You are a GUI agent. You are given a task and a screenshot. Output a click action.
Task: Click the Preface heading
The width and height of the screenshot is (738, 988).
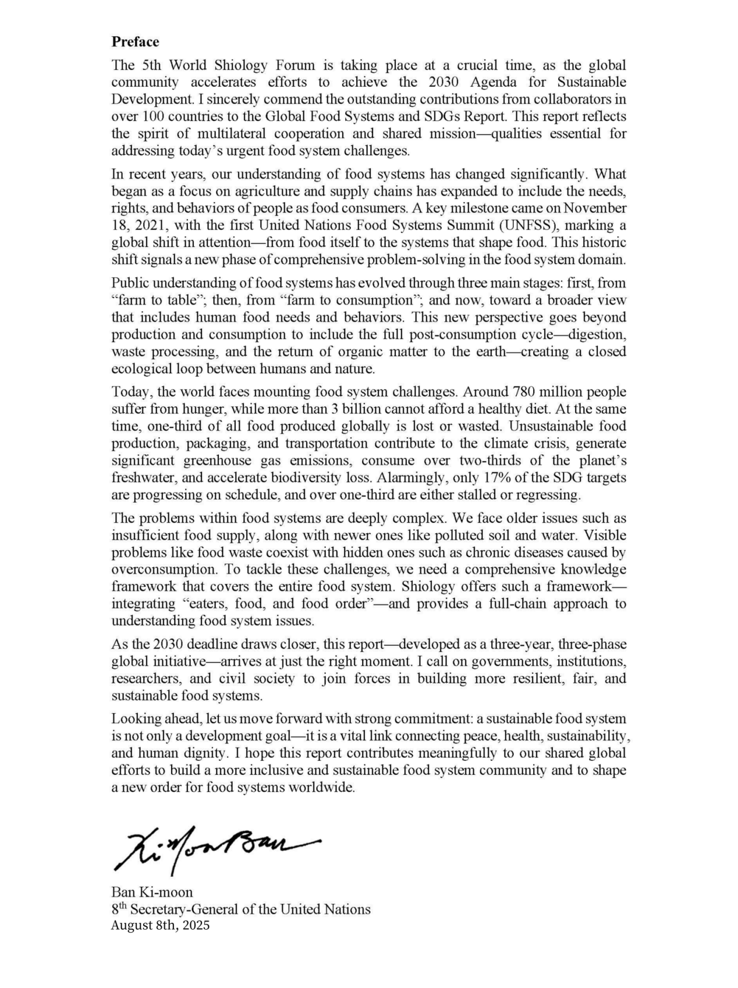coord(135,42)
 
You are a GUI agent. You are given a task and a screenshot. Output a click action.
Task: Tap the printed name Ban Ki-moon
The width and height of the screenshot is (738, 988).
coord(152,892)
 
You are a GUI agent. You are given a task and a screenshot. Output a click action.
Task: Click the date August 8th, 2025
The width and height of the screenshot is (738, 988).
coord(160,926)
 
